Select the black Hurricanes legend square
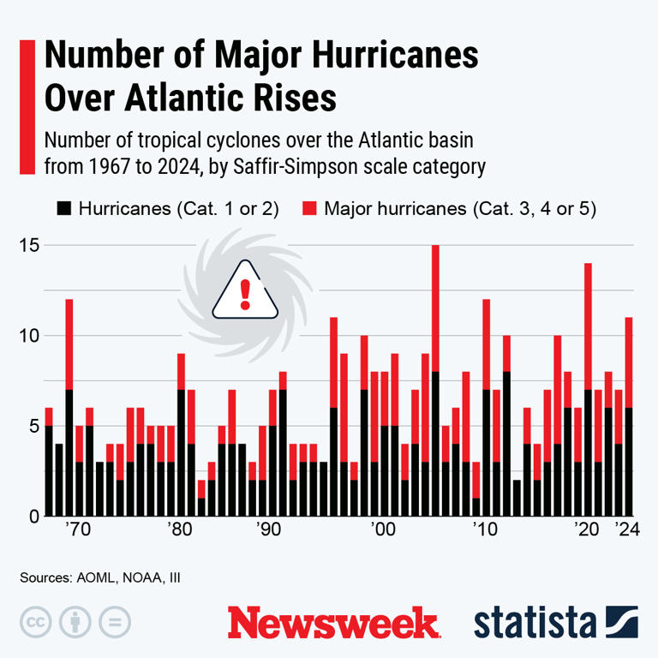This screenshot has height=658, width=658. (63, 208)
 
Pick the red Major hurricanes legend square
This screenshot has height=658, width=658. (311, 208)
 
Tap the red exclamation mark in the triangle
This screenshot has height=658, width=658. (245, 294)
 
